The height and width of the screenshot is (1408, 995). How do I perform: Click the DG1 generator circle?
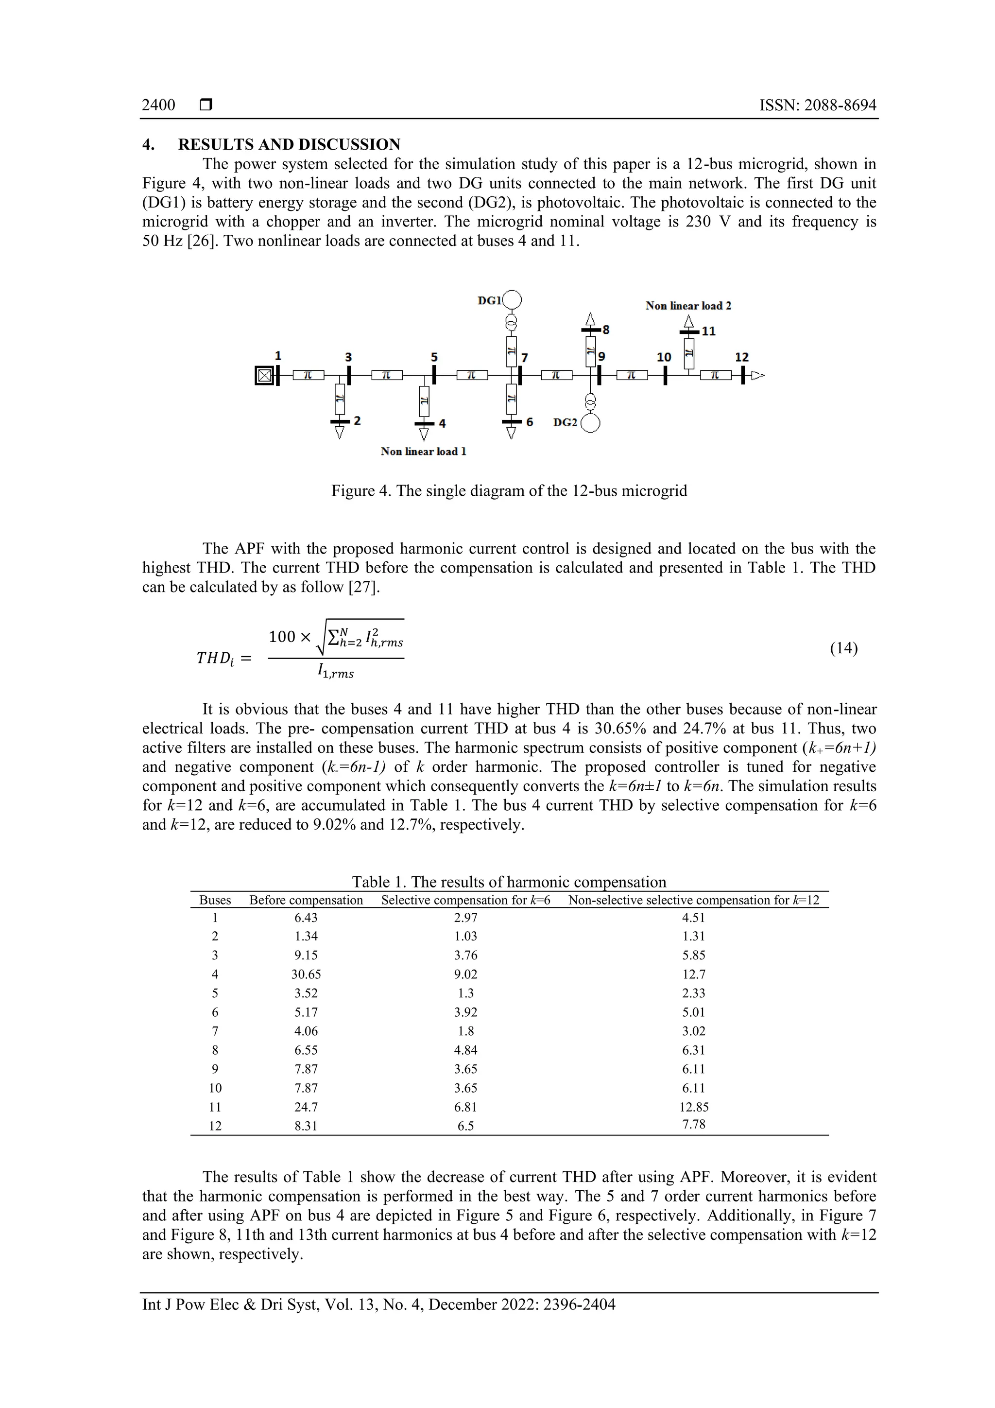512,300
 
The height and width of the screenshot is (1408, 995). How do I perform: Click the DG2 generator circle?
590,423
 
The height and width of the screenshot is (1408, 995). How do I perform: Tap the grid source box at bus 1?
264,376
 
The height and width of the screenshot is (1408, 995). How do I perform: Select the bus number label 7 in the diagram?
525,358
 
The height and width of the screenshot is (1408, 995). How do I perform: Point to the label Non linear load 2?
688,305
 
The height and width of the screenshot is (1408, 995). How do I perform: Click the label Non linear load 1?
423,452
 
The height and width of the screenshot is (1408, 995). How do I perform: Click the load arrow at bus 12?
758,375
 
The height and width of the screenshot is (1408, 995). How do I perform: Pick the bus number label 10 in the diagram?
664,357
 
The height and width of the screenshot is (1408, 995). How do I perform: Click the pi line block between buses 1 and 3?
309,375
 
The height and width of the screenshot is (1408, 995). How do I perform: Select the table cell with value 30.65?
306,974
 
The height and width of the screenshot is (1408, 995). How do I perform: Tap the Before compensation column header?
306,900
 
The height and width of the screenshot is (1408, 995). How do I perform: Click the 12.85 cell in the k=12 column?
693,1107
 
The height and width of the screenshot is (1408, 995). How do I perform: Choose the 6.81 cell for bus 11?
465,1107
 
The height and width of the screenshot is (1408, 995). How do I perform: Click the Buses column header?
215,900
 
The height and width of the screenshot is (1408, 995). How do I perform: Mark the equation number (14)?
843,648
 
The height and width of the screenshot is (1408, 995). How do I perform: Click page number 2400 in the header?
159,105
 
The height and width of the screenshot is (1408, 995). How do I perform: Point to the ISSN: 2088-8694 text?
818,105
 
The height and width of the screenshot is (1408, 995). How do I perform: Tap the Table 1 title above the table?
509,882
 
